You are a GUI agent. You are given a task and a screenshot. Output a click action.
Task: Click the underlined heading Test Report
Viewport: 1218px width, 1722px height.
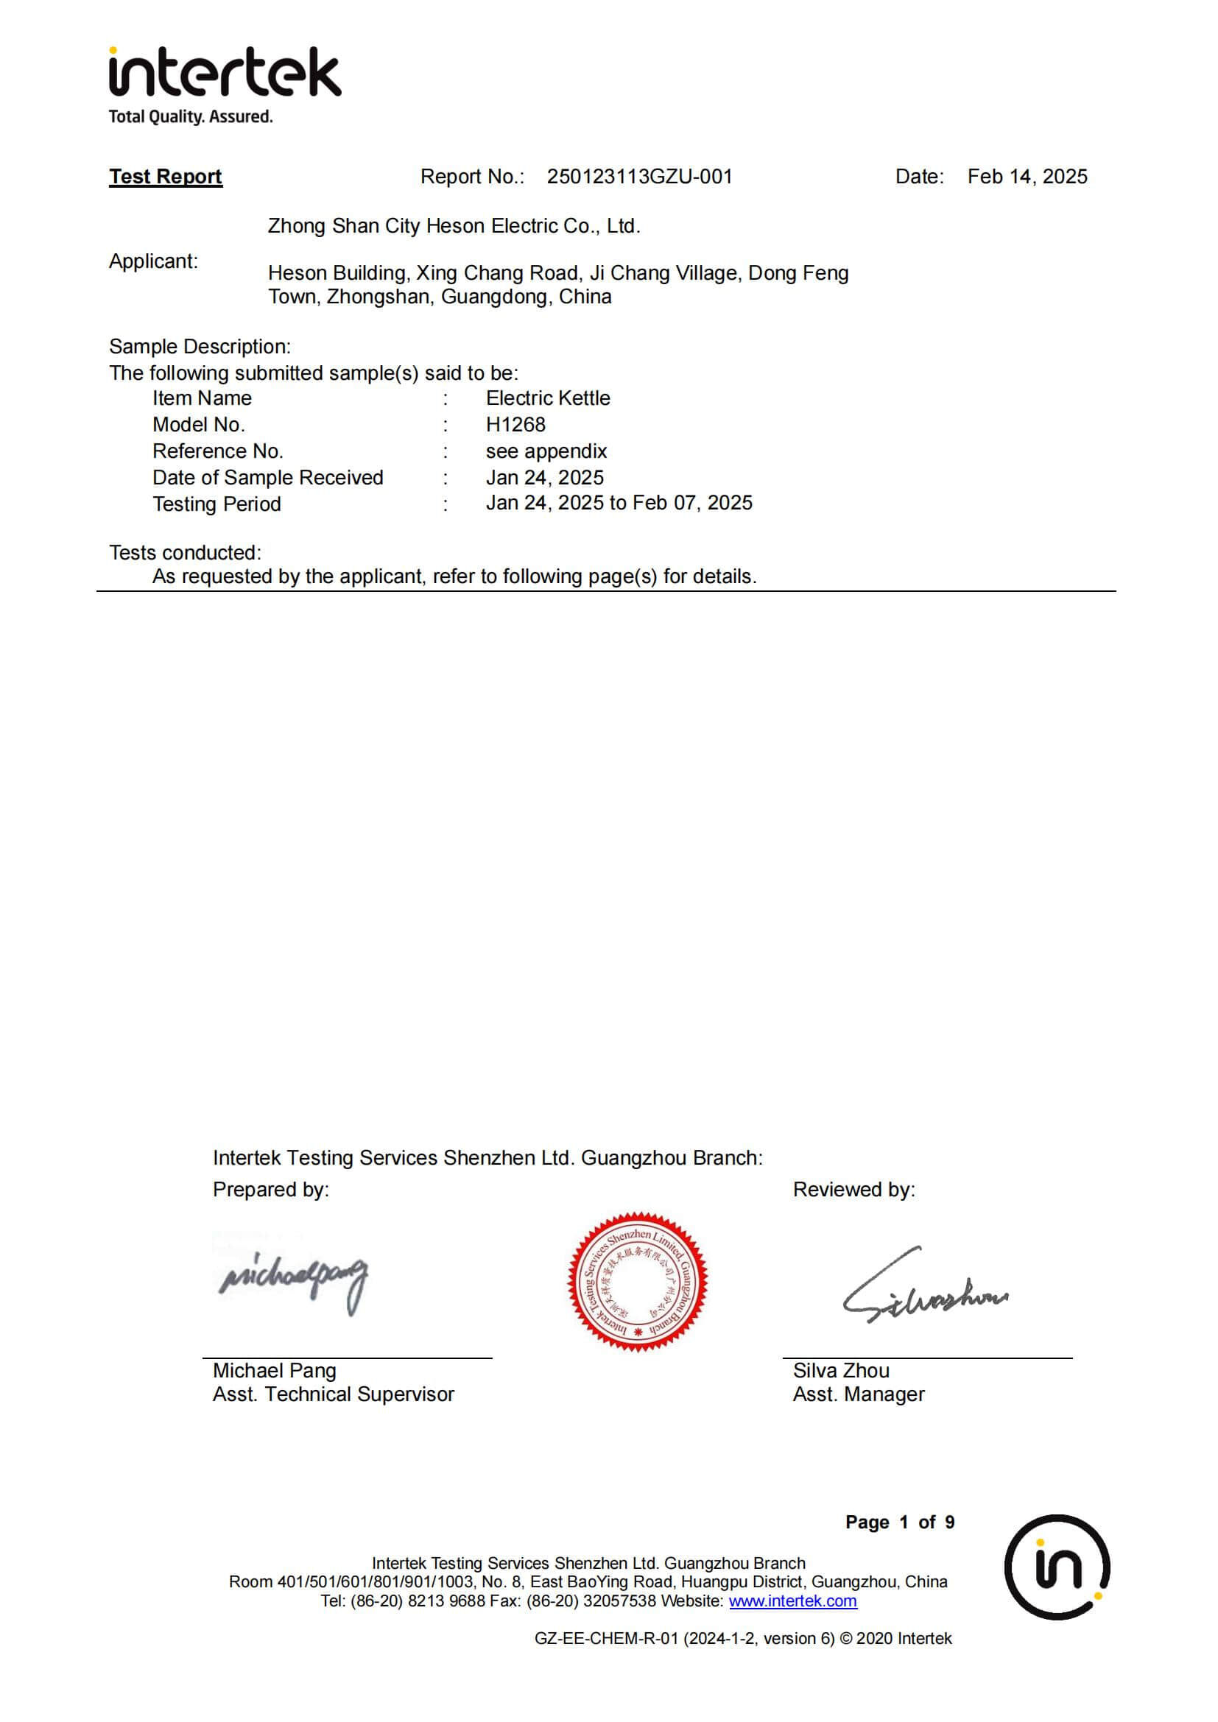coord(166,176)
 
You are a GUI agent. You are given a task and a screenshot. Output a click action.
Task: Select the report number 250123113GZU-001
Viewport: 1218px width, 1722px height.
coord(639,176)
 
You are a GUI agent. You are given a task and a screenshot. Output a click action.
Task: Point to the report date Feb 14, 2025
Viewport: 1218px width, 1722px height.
coord(1027,176)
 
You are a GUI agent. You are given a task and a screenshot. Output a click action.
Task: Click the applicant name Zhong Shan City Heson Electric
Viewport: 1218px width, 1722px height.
coord(454,226)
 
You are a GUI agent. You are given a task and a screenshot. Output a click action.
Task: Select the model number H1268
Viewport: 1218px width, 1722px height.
coord(515,425)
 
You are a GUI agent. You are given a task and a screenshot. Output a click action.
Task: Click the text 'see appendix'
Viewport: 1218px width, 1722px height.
coord(546,451)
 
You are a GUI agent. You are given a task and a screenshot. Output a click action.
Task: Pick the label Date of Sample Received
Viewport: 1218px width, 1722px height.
coord(268,478)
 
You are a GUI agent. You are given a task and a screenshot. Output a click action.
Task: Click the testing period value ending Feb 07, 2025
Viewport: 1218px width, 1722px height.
coord(619,504)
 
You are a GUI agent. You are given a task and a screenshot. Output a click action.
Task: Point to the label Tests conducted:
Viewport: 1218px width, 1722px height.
coord(186,553)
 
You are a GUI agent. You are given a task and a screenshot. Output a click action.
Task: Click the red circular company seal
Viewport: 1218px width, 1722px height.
coord(638,1282)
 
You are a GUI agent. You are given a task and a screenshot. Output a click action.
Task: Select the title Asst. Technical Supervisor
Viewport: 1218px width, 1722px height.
coord(333,1394)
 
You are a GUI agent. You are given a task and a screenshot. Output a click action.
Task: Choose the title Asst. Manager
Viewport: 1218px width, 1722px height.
coord(858,1394)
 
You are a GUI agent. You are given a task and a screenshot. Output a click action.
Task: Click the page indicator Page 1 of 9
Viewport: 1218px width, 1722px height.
coord(899,1522)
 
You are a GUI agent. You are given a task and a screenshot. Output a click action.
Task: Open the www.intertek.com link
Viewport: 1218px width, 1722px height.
coord(793,1601)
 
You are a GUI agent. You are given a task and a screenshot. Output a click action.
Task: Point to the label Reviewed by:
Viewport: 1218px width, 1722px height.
coord(853,1190)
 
